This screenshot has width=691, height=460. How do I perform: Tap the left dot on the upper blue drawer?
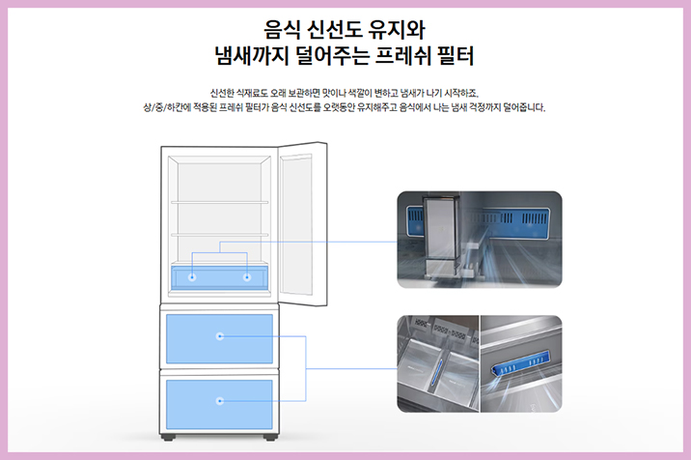point(192,277)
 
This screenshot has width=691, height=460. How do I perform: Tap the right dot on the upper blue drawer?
point(247,277)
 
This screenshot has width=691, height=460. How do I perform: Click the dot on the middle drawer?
point(220,336)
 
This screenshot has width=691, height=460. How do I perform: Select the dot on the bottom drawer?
point(220,399)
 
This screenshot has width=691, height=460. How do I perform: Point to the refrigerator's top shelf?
point(220,201)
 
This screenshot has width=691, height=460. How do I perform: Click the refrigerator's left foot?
point(175,437)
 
